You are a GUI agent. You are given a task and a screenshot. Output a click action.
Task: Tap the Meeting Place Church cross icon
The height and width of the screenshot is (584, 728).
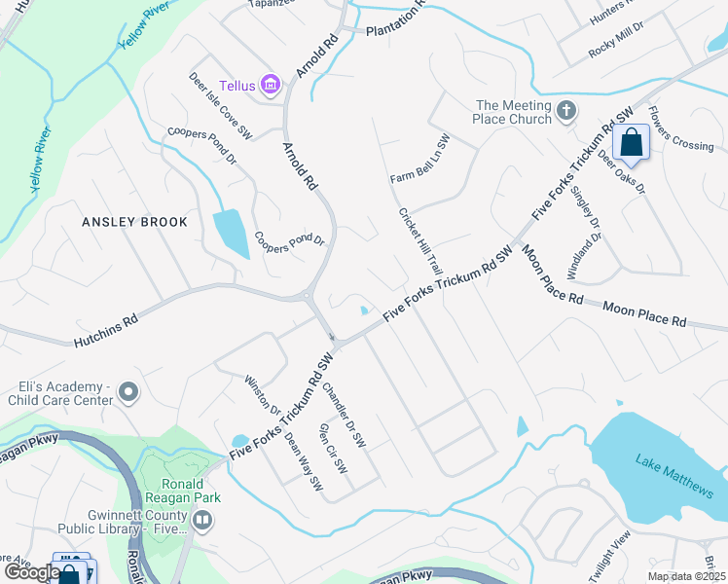pyautogui.click(x=567, y=113)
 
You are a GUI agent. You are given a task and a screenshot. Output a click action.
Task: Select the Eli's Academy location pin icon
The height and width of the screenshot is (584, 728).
pyautogui.click(x=128, y=392)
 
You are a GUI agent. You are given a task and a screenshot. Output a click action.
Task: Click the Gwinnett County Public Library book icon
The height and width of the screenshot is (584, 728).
pyautogui.click(x=201, y=521)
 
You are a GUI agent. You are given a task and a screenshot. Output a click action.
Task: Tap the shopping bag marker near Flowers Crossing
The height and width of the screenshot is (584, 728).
pyautogui.click(x=632, y=144)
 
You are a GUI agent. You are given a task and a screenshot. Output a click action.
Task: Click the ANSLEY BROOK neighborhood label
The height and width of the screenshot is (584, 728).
pyautogui.click(x=134, y=222)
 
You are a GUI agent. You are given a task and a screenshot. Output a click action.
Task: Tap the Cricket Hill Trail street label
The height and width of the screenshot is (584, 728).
pyautogui.click(x=420, y=240)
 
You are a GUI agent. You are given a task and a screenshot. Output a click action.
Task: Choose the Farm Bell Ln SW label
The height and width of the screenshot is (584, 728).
pyautogui.click(x=420, y=160)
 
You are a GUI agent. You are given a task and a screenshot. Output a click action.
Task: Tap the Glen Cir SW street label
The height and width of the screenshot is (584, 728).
pyautogui.click(x=333, y=450)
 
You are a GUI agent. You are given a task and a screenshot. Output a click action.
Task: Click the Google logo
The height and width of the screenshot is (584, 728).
pyautogui.click(x=31, y=572)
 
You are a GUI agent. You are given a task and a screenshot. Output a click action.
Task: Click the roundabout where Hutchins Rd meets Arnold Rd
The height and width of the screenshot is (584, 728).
pyautogui.click(x=307, y=296)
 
